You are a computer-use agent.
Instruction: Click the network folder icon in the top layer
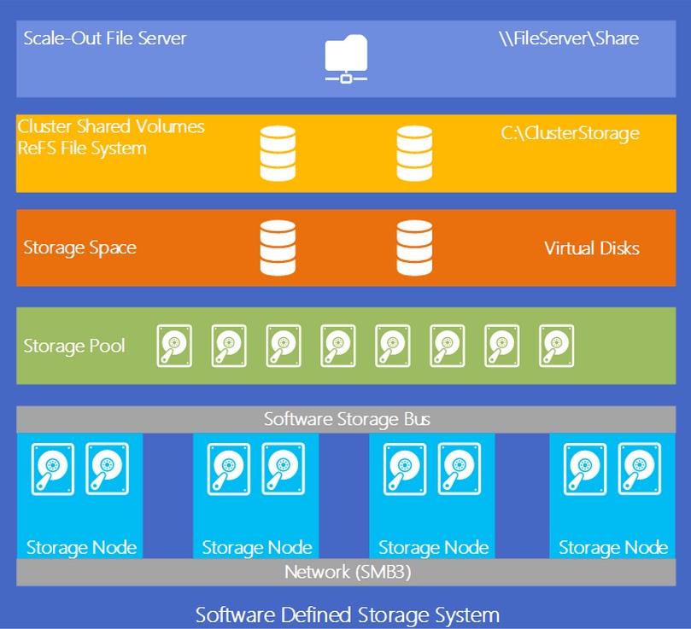click(346, 59)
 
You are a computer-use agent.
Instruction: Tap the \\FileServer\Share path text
click(569, 38)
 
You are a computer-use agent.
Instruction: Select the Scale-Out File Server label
click(105, 38)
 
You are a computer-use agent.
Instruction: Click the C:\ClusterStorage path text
click(570, 132)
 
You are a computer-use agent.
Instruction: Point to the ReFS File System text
click(82, 149)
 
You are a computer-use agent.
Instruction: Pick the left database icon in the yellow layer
click(278, 154)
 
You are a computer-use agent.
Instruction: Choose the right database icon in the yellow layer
click(414, 154)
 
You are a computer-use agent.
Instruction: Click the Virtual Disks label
click(591, 248)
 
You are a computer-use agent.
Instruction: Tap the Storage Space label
click(79, 248)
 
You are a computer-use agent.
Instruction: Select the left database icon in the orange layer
click(278, 248)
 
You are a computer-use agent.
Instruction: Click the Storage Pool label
click(74, 346)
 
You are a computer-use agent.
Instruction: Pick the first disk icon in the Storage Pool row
click(174, 346)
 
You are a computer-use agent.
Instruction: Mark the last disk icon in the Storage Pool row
click(557, 346)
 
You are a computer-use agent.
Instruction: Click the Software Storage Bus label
click(347, 419)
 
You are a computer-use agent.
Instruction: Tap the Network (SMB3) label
click(348, 572)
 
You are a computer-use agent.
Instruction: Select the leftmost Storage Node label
click(81, 547)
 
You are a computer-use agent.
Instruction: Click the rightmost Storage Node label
click(612, 547)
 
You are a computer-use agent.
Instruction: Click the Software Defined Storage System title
click(347, 614)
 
